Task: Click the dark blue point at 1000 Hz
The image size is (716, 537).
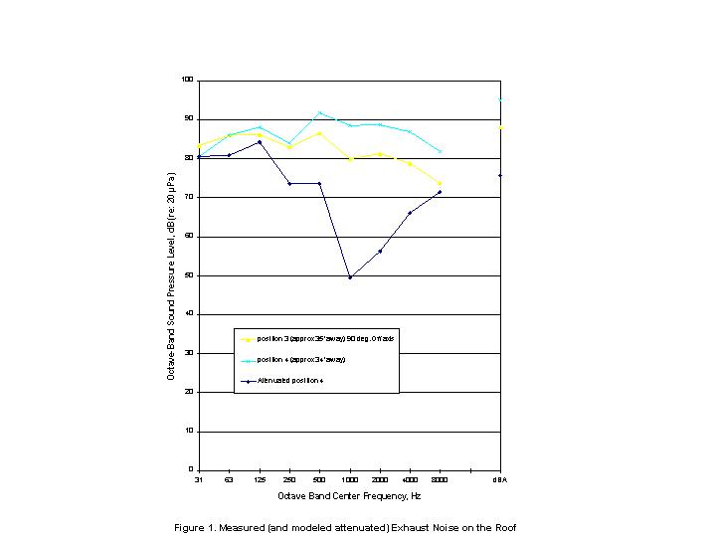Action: (350, 277)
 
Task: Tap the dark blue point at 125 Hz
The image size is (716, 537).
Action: (260, 142)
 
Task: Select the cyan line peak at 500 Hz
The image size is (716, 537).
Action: (319, 113)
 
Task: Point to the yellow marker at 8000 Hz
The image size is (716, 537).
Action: (440, 183)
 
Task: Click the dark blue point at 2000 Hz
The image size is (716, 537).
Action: (380, 251)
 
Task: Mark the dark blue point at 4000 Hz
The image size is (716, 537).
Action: (410, 213)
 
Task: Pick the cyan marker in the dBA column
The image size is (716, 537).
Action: (500, 99)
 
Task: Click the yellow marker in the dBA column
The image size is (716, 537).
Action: (500, 127)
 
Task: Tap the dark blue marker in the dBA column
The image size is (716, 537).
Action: (500, 175)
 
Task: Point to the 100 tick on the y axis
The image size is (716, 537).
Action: (188, 80)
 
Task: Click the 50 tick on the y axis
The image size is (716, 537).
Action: (189, 275)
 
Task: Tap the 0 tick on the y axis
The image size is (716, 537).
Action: (192, 470)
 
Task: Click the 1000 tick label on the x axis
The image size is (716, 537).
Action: (350, 479)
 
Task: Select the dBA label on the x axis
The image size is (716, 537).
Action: (500, 479)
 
